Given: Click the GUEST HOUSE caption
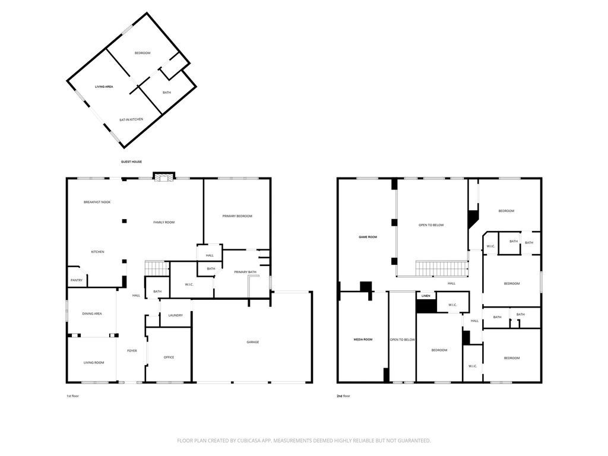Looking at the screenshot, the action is click(x=131, y=161).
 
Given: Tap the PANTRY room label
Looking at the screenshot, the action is click(x=77, y=280).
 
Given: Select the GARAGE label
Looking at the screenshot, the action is click(x=253, y=342).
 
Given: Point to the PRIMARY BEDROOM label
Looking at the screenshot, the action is click(x=237, y=216).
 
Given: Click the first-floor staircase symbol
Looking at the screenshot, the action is click(x=157, y=268).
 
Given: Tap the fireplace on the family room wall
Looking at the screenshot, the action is click(x=164, y=177).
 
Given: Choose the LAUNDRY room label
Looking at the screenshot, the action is click(x=176, y=315).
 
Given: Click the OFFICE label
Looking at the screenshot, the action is click(x=169, y=357).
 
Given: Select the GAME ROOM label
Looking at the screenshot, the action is click(x=368, y=237).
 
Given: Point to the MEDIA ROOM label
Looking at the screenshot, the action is click(x=363, y=339).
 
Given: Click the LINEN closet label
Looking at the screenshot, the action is click(x=426, y=296).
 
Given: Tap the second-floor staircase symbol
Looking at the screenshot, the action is click(x=442, y=268).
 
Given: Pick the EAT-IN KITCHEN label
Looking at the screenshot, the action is click(x=131, y=119).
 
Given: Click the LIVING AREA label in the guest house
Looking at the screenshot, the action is click(x=104, y=87).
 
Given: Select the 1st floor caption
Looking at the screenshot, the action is click(x=72, y=396).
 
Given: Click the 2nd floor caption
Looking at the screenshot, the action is click(x=344, y=396).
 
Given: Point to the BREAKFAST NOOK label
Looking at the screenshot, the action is click(x=97, y=202).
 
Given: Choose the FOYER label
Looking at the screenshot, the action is click(x=132, y=350).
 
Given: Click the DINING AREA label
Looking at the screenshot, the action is click(x=92, y=313).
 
